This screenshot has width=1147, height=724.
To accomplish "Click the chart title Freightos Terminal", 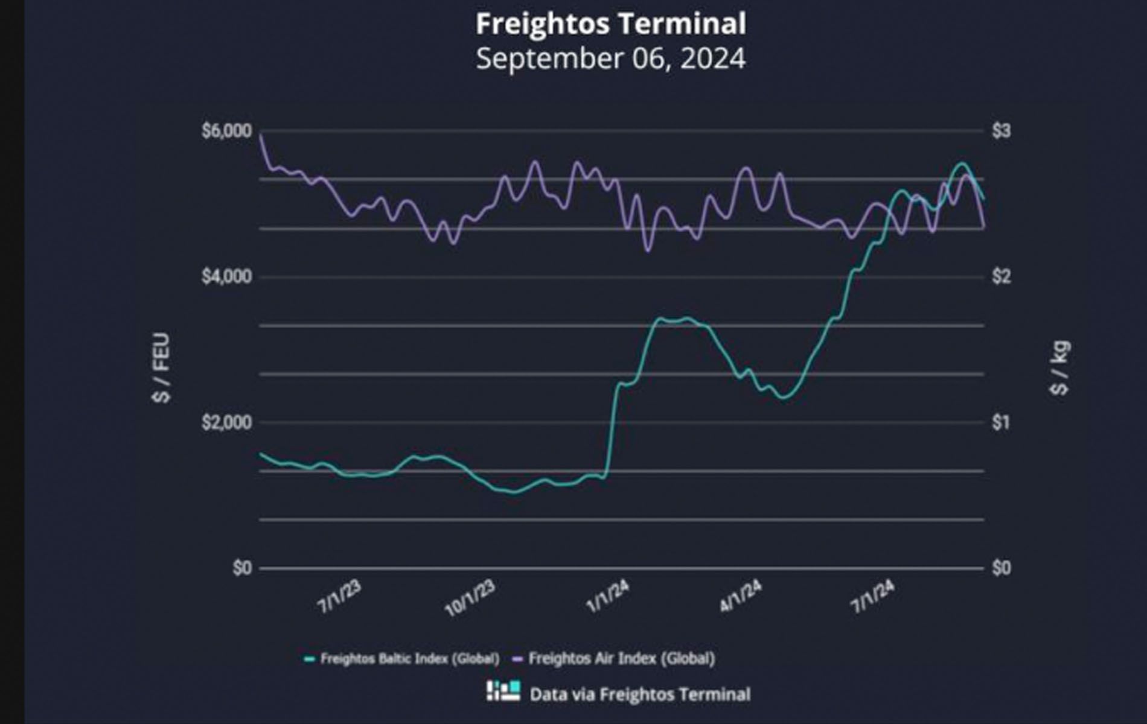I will (610, 24).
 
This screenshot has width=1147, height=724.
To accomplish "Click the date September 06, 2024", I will (610, 59).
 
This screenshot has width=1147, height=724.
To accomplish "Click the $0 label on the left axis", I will (242, 568).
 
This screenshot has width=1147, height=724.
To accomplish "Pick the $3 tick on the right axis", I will (1001, 131).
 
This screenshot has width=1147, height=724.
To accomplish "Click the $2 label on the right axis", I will (1001, 277).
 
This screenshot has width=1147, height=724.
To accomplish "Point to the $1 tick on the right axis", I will (1001, 422).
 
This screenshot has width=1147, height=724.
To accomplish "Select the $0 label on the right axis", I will (1001, 568).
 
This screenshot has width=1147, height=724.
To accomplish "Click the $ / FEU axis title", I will (162, 368).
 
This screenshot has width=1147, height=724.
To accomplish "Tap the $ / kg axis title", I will (1060, 368).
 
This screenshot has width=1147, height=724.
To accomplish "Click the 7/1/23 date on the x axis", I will (339, 597).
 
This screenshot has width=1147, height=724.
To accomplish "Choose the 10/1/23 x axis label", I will (470, 599).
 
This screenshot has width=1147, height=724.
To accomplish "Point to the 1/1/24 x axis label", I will (608, 597).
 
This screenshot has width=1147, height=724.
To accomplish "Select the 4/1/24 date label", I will (741, 597).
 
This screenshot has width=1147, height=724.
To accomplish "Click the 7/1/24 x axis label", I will (873, 597).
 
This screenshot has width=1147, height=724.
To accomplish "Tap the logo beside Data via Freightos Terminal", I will (503, 691).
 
